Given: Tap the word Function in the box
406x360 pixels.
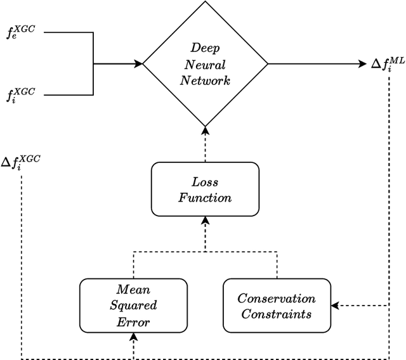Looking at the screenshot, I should (x=204, y=197).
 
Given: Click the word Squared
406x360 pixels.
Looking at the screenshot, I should (x=134, y=306).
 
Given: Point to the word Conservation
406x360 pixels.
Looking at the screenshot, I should (x=276, y=299).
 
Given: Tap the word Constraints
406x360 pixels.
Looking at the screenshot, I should (x=276, y=314).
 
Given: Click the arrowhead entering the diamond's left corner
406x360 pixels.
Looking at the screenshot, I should (x=138, y=63).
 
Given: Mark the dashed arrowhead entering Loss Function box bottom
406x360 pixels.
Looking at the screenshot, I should (x=205, y=220).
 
